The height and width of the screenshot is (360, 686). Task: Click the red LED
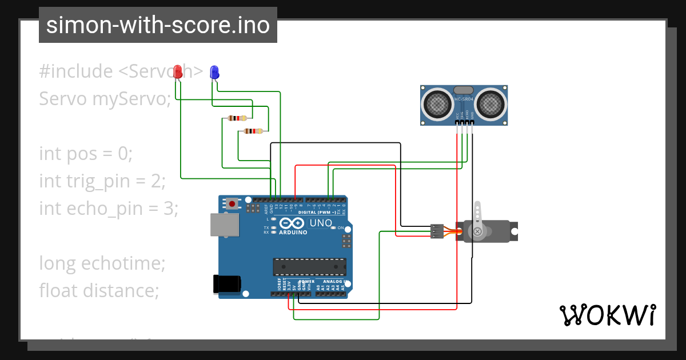click(x=178, y=71)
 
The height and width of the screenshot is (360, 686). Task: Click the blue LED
click(x=214, y=72)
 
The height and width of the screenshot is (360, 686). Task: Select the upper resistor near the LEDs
click(x=237, y=118)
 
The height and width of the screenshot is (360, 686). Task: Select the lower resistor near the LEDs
click(x=253, y=131)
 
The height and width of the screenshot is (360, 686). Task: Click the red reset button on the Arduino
click(x=232, y=203)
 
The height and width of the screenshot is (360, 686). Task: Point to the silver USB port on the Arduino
click(x=225, y=225)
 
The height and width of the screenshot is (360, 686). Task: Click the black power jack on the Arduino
click(x=226, y=284)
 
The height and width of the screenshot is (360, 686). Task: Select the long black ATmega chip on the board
click(x=309, y=267)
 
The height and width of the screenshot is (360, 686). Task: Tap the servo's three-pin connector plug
click(x=437, y=231)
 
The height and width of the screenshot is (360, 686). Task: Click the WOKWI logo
click(x=607, y=315)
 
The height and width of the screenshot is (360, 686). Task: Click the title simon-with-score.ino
click(x=158, y=25)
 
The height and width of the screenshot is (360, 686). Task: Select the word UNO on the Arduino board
click(x=320, y=223)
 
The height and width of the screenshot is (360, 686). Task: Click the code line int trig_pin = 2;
click(x=102, y=181)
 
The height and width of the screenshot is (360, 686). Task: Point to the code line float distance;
click(x=98, y=291)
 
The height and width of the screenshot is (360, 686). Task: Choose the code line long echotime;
click(x=102, y=263)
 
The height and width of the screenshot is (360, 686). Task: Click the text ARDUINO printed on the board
click(x=293, y=233)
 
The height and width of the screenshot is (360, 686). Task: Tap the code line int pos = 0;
click(x=86, y=154)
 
